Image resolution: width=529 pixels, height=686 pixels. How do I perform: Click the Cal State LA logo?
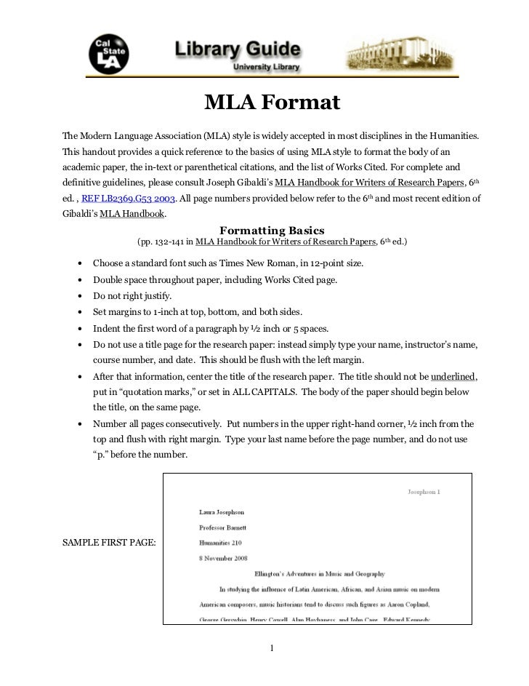point(107,54)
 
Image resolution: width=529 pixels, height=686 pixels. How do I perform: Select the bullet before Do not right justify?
point(77,297)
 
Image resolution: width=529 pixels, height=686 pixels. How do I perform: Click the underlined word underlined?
point(453,377)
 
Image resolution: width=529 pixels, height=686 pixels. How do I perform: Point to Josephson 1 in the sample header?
point(423,492)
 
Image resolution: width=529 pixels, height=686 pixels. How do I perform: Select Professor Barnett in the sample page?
point(223,527)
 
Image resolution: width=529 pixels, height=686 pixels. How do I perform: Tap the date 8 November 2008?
point(224,558)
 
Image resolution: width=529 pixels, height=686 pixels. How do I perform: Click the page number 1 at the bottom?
point(271,649)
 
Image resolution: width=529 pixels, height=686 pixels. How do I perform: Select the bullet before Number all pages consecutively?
point(77,424)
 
